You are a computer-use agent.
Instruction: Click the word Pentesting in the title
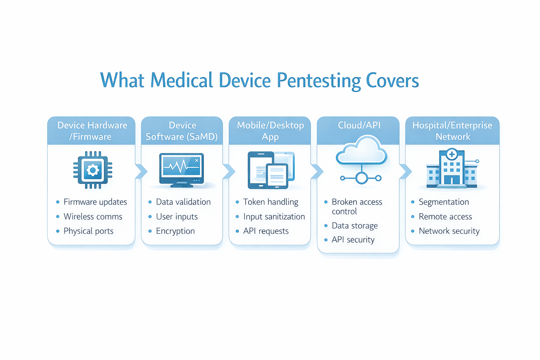point(319,81)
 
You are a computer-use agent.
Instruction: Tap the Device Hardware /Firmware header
point(92,131)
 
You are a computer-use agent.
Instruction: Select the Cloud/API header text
point(359,125)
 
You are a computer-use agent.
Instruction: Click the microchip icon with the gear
point(93,170)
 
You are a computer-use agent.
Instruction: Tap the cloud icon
point(361,152)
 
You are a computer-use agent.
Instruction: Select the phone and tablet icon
point(271,170)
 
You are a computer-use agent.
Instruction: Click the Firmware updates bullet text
point(95,202)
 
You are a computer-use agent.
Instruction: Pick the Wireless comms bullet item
point(93,217)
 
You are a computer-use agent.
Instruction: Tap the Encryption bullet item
point(175,231)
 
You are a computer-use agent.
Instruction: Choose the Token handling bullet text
point(270,202)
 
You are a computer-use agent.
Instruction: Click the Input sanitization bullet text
point(274,217)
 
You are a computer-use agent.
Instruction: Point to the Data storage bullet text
point(354,226)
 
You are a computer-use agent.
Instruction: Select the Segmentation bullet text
point(444,202)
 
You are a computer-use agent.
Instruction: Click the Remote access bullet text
point(445,217)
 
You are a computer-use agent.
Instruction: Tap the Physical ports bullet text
point(88,231)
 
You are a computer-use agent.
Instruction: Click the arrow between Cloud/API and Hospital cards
point(405,172)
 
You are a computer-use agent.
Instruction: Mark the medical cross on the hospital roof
point(452,154)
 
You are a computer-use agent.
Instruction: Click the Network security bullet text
point(449,231)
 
